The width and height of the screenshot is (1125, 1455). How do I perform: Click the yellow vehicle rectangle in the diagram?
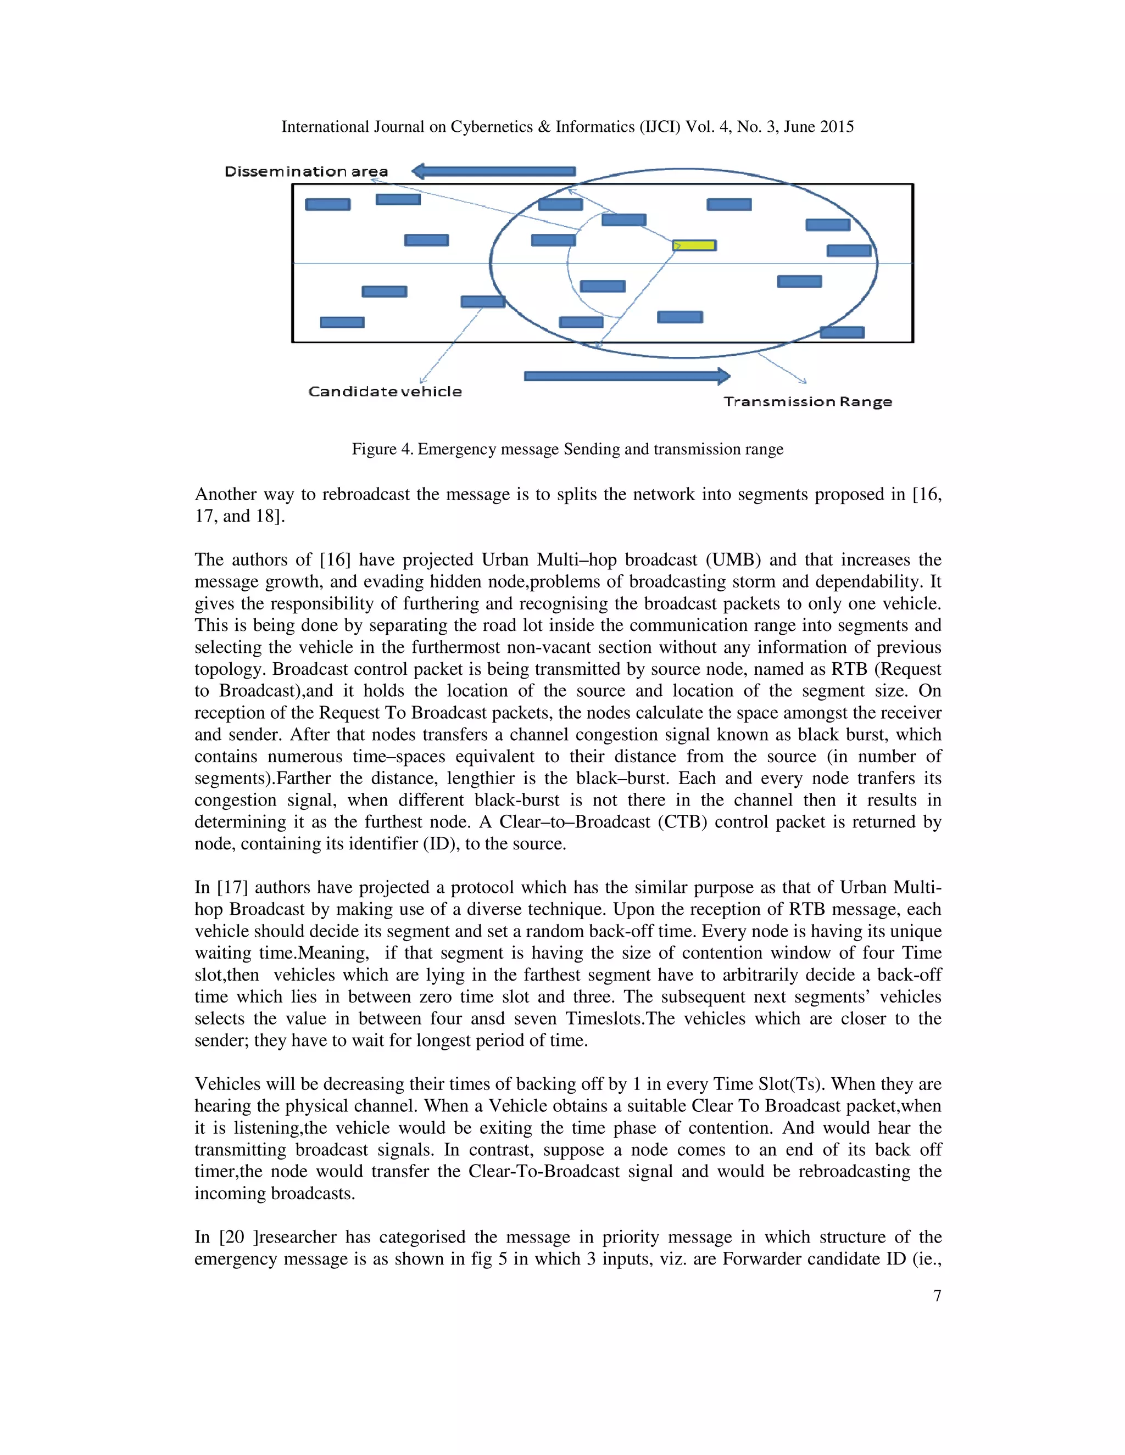click(x=694, y=245)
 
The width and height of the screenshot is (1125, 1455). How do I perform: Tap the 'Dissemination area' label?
click(x=306, y=172)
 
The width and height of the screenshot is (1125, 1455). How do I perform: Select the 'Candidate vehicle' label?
click(x=385, y=391)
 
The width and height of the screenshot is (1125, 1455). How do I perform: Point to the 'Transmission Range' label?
click(x=807, y=402)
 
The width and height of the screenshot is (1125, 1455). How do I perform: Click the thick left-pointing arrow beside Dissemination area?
click(x=493, y=171)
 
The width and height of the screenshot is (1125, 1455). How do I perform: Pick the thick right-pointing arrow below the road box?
click(x=626, y=377)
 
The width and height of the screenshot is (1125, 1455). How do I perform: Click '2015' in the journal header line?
click(x=837, y=127)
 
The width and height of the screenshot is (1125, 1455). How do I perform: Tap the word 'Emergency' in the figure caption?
click(x=456, y=449)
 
